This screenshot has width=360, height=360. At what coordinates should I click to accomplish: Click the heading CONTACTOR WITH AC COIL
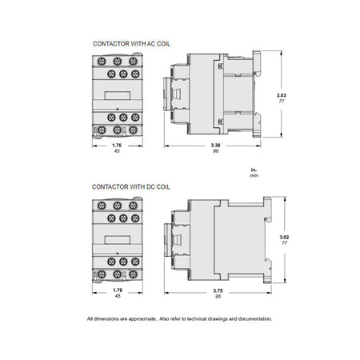click(131, 44)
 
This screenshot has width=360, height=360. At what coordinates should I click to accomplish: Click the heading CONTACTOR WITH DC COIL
click(131, 187)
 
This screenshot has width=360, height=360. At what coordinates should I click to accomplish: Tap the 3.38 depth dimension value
click(215, 146)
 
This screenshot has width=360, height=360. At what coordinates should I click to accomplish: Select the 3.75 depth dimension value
click(218, 291)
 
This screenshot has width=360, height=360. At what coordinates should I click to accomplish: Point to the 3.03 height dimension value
click(282, 95)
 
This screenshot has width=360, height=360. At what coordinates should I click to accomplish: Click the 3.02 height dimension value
click(284, 237)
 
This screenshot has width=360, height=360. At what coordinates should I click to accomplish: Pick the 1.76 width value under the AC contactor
click(117, 146)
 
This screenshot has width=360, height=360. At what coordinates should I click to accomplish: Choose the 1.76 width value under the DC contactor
click(118, 290)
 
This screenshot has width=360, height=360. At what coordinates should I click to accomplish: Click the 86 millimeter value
click(215, 151)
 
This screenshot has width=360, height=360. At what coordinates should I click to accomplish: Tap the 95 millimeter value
click(218, 297)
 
